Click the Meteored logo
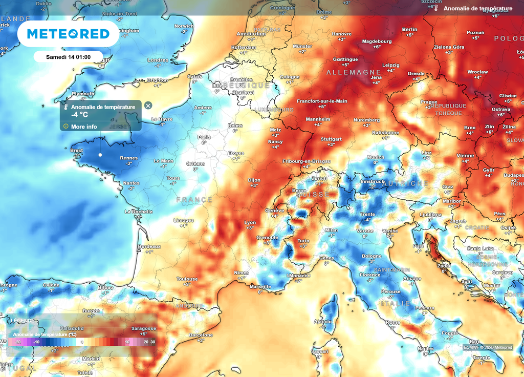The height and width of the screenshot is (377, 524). [x=68, y=34]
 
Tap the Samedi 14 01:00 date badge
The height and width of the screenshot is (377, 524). [x=68, y=56]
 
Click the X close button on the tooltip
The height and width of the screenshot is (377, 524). [x=148, y=106]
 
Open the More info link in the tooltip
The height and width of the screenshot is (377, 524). [x=84, y=127]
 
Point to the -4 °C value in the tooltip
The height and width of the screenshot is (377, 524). [x=79, y=115]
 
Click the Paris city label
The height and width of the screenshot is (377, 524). [x=204, y=137]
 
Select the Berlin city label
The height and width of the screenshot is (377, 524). [x=410, y=30]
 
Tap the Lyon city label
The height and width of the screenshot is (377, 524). [x=250, y=222]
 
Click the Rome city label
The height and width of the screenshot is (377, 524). [x=393, y=322]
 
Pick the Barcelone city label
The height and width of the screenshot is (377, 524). [x=201, y=335]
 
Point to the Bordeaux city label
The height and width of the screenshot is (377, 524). [x=149, y=246]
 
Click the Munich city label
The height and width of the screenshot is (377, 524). [x=376, y=157]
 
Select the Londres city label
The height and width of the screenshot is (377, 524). [x=158, y=60]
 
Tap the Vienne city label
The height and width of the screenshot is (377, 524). [x=465, y=156]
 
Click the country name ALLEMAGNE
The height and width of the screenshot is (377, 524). [x=354, y=72]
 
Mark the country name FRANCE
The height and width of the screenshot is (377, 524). [x=194, y=199]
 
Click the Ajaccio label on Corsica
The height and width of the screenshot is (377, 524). [x=322, y=321]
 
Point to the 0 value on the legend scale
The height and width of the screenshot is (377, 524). [x=82, y=342]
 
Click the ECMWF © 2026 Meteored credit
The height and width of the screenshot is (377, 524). [x=488, y=347]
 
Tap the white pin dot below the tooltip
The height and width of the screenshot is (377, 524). [x=100, y=155]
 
